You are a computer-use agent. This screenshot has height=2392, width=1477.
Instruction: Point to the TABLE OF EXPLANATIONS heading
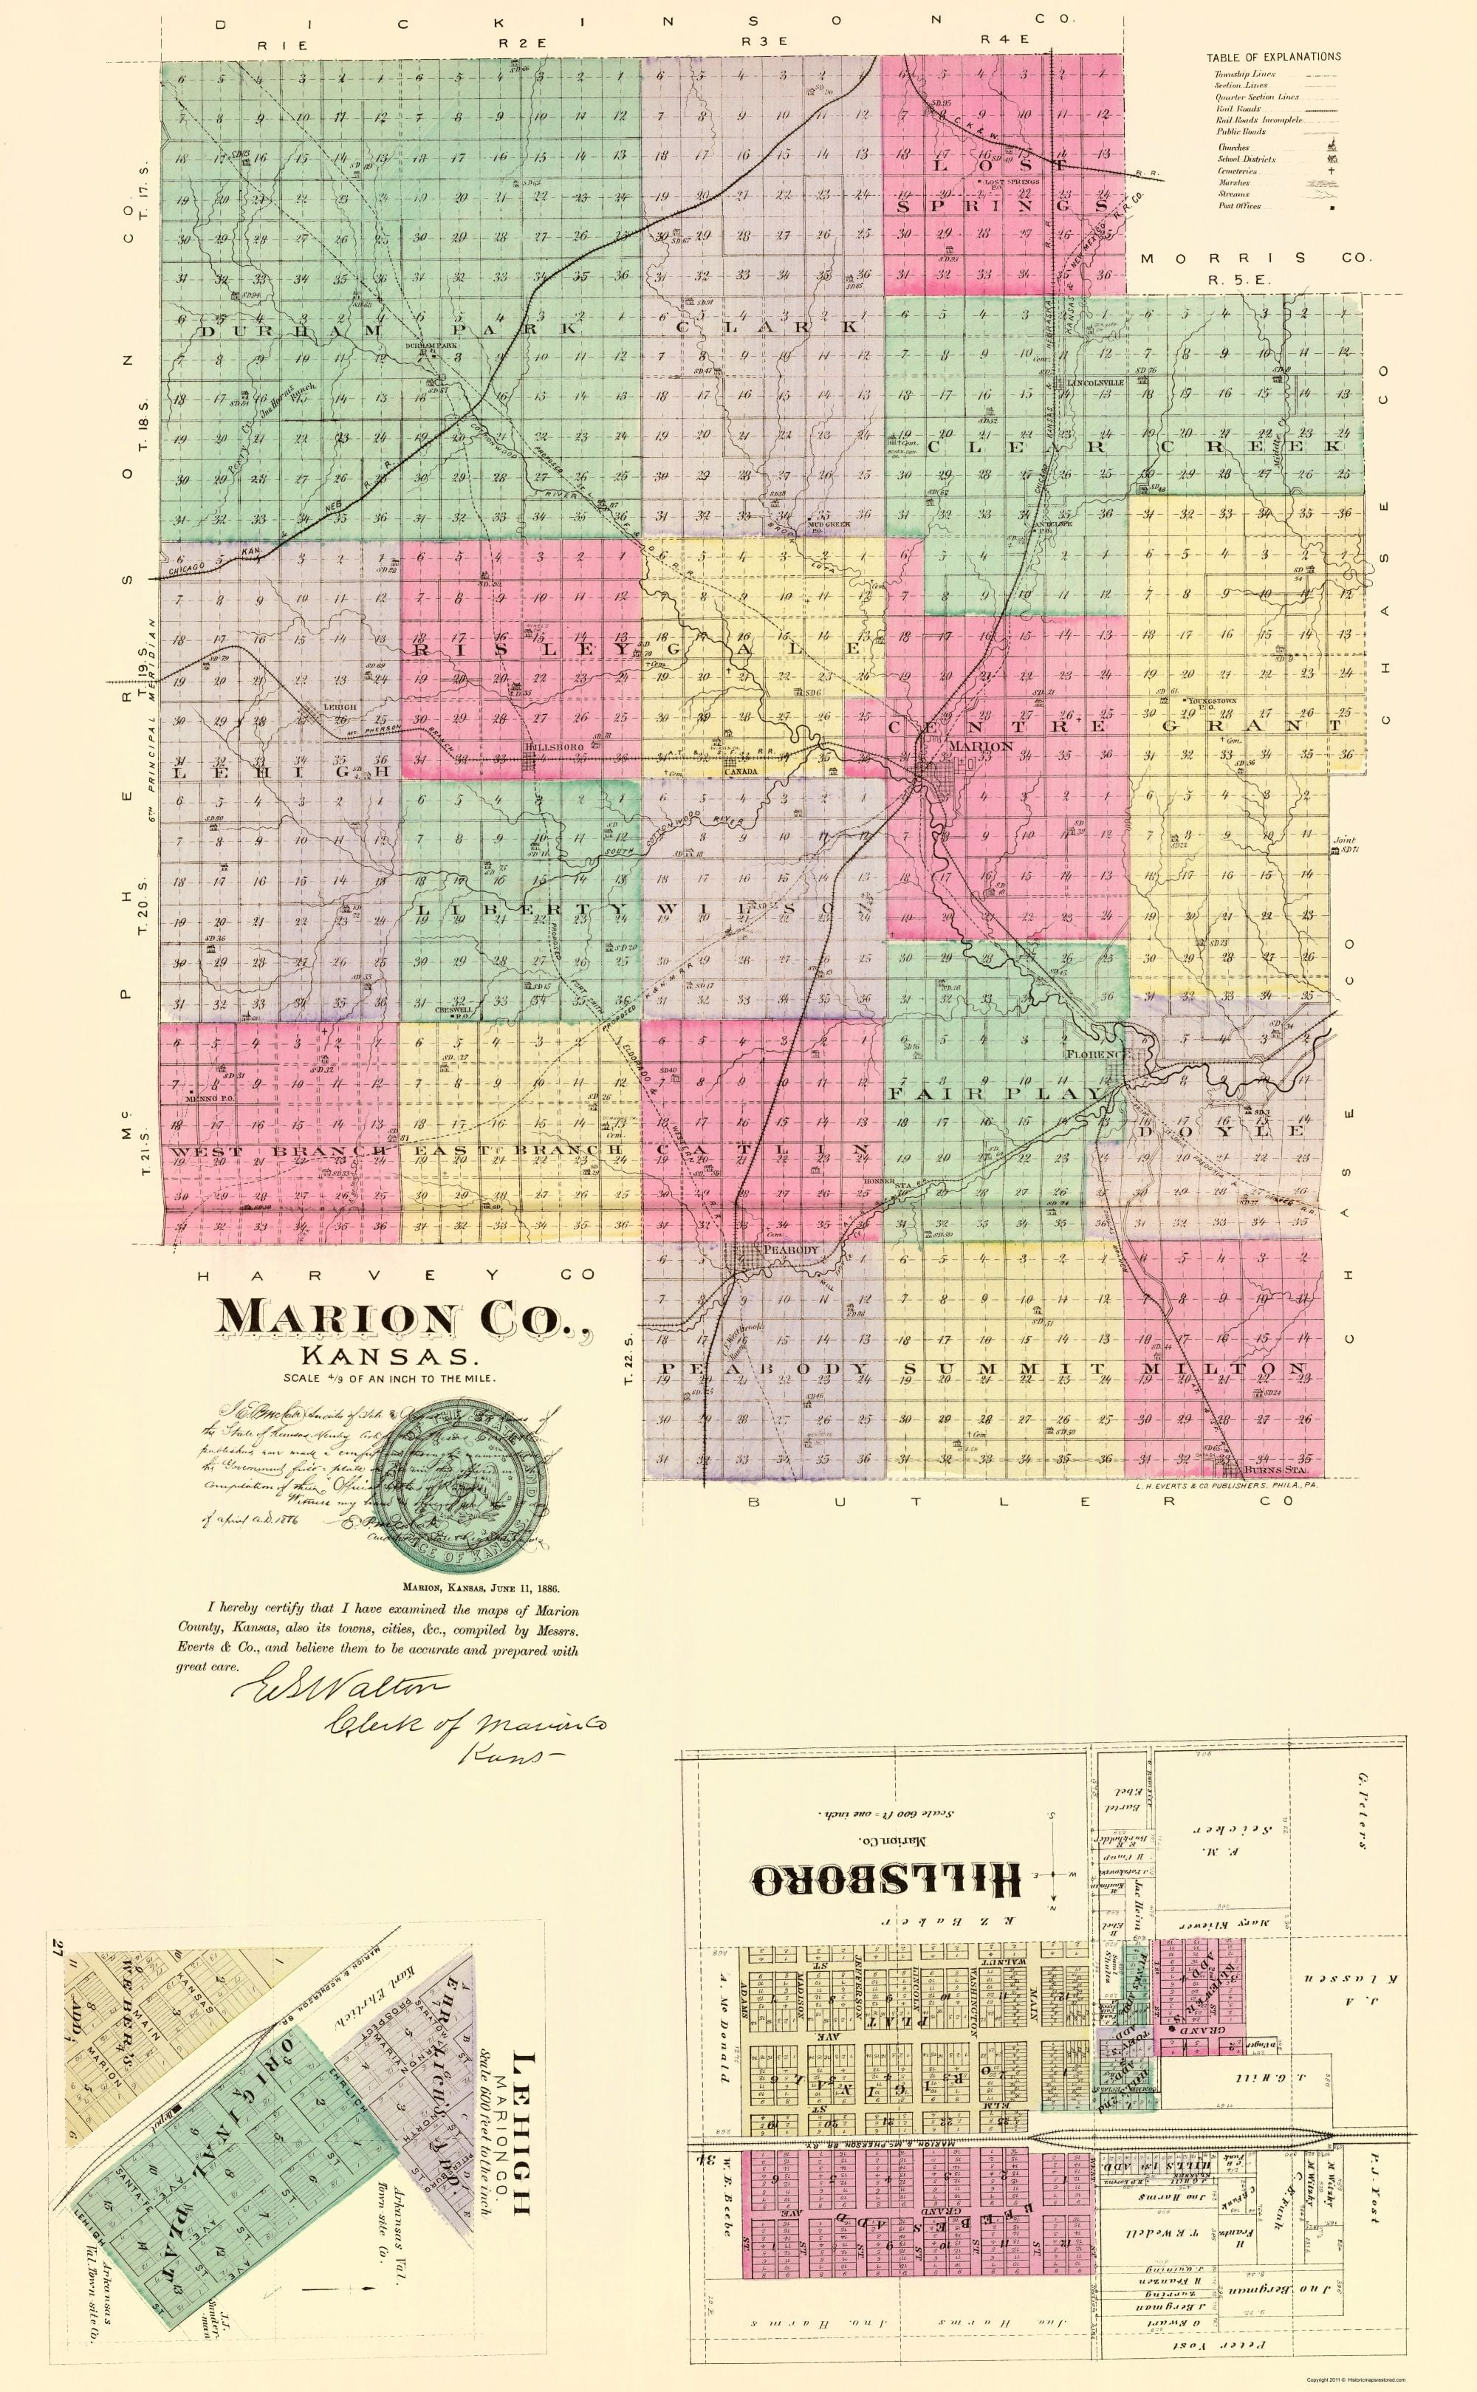[x=1273, y=57]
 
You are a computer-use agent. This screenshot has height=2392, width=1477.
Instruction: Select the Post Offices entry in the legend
[x=1238, y=206]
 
